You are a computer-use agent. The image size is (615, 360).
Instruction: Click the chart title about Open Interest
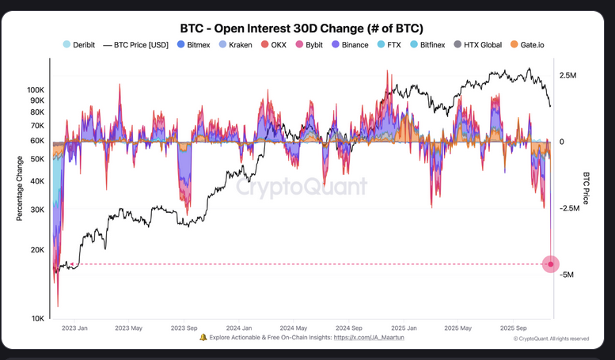click(x=306, y=28)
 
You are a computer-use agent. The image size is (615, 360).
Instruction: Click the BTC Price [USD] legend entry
click(x=141, y=45)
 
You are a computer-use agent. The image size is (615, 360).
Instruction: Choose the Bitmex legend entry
click(x=199, y=45)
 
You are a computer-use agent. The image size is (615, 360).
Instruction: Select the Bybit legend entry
click(x=311, y=45)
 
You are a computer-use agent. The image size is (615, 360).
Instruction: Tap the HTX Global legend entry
click(x=481, y=45)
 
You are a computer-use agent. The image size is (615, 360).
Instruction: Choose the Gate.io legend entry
click(x=532, y=45)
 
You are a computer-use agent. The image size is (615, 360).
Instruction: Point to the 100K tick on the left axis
click(x=36, y=90)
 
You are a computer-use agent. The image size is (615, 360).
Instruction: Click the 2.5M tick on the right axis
click(x=568, y=75)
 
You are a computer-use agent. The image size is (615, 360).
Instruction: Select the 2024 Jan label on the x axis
click(x=238, y=328)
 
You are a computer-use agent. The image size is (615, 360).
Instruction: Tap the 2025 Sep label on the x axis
click(x=514, y=328)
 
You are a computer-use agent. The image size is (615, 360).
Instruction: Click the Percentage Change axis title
click(x=20, y=188)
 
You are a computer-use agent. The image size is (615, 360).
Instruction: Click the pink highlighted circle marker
click(x=551, y=264)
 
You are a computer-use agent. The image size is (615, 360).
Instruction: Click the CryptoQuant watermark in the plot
click(x=302, y=187)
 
